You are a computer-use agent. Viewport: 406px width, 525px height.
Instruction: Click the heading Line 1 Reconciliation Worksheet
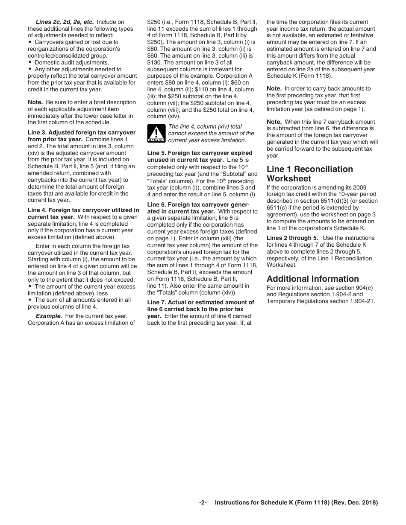click(x=310, y=174)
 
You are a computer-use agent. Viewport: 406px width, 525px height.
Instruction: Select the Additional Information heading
click(x=313, y=279)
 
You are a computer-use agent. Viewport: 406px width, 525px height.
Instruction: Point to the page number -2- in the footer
click(x=203, y=503)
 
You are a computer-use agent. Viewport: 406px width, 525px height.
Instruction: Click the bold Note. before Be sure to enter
click(x=35, y=102)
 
